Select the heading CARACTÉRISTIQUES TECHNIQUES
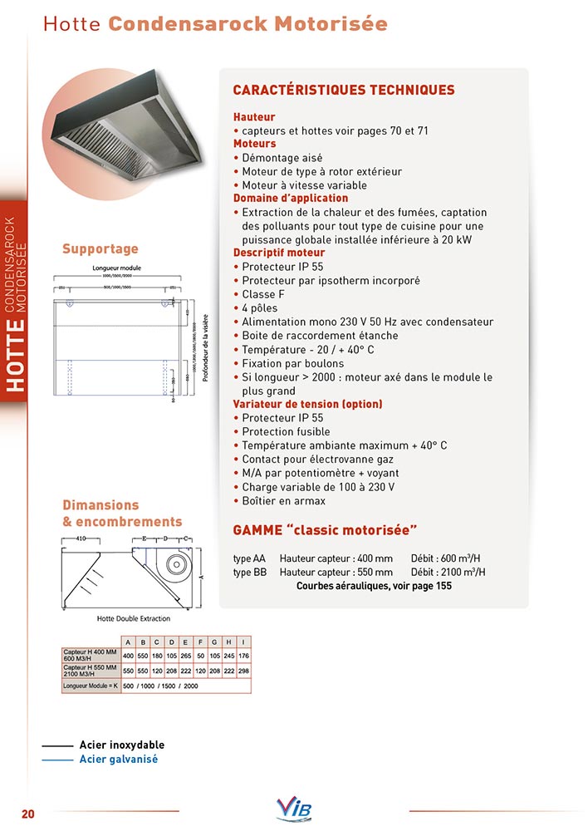[343, 90]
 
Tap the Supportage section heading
[100, 248]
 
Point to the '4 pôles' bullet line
[265, 308]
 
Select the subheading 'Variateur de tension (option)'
[307, 404]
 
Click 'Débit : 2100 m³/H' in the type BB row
[448, 573]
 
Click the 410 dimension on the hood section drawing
[81, 538]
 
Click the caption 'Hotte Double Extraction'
[134, 618]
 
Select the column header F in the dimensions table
[199, 642]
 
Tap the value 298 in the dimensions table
[243, 670]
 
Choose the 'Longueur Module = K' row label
[91, 686]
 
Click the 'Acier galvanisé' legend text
[118, 759]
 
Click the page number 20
[28, 814]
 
